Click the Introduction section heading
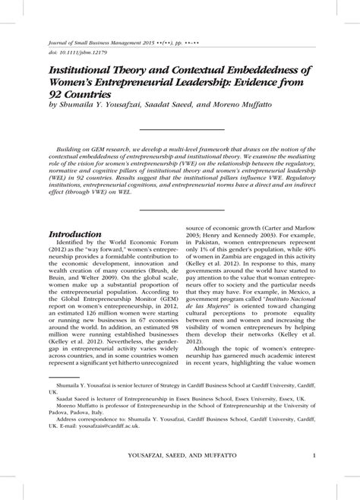75,234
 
